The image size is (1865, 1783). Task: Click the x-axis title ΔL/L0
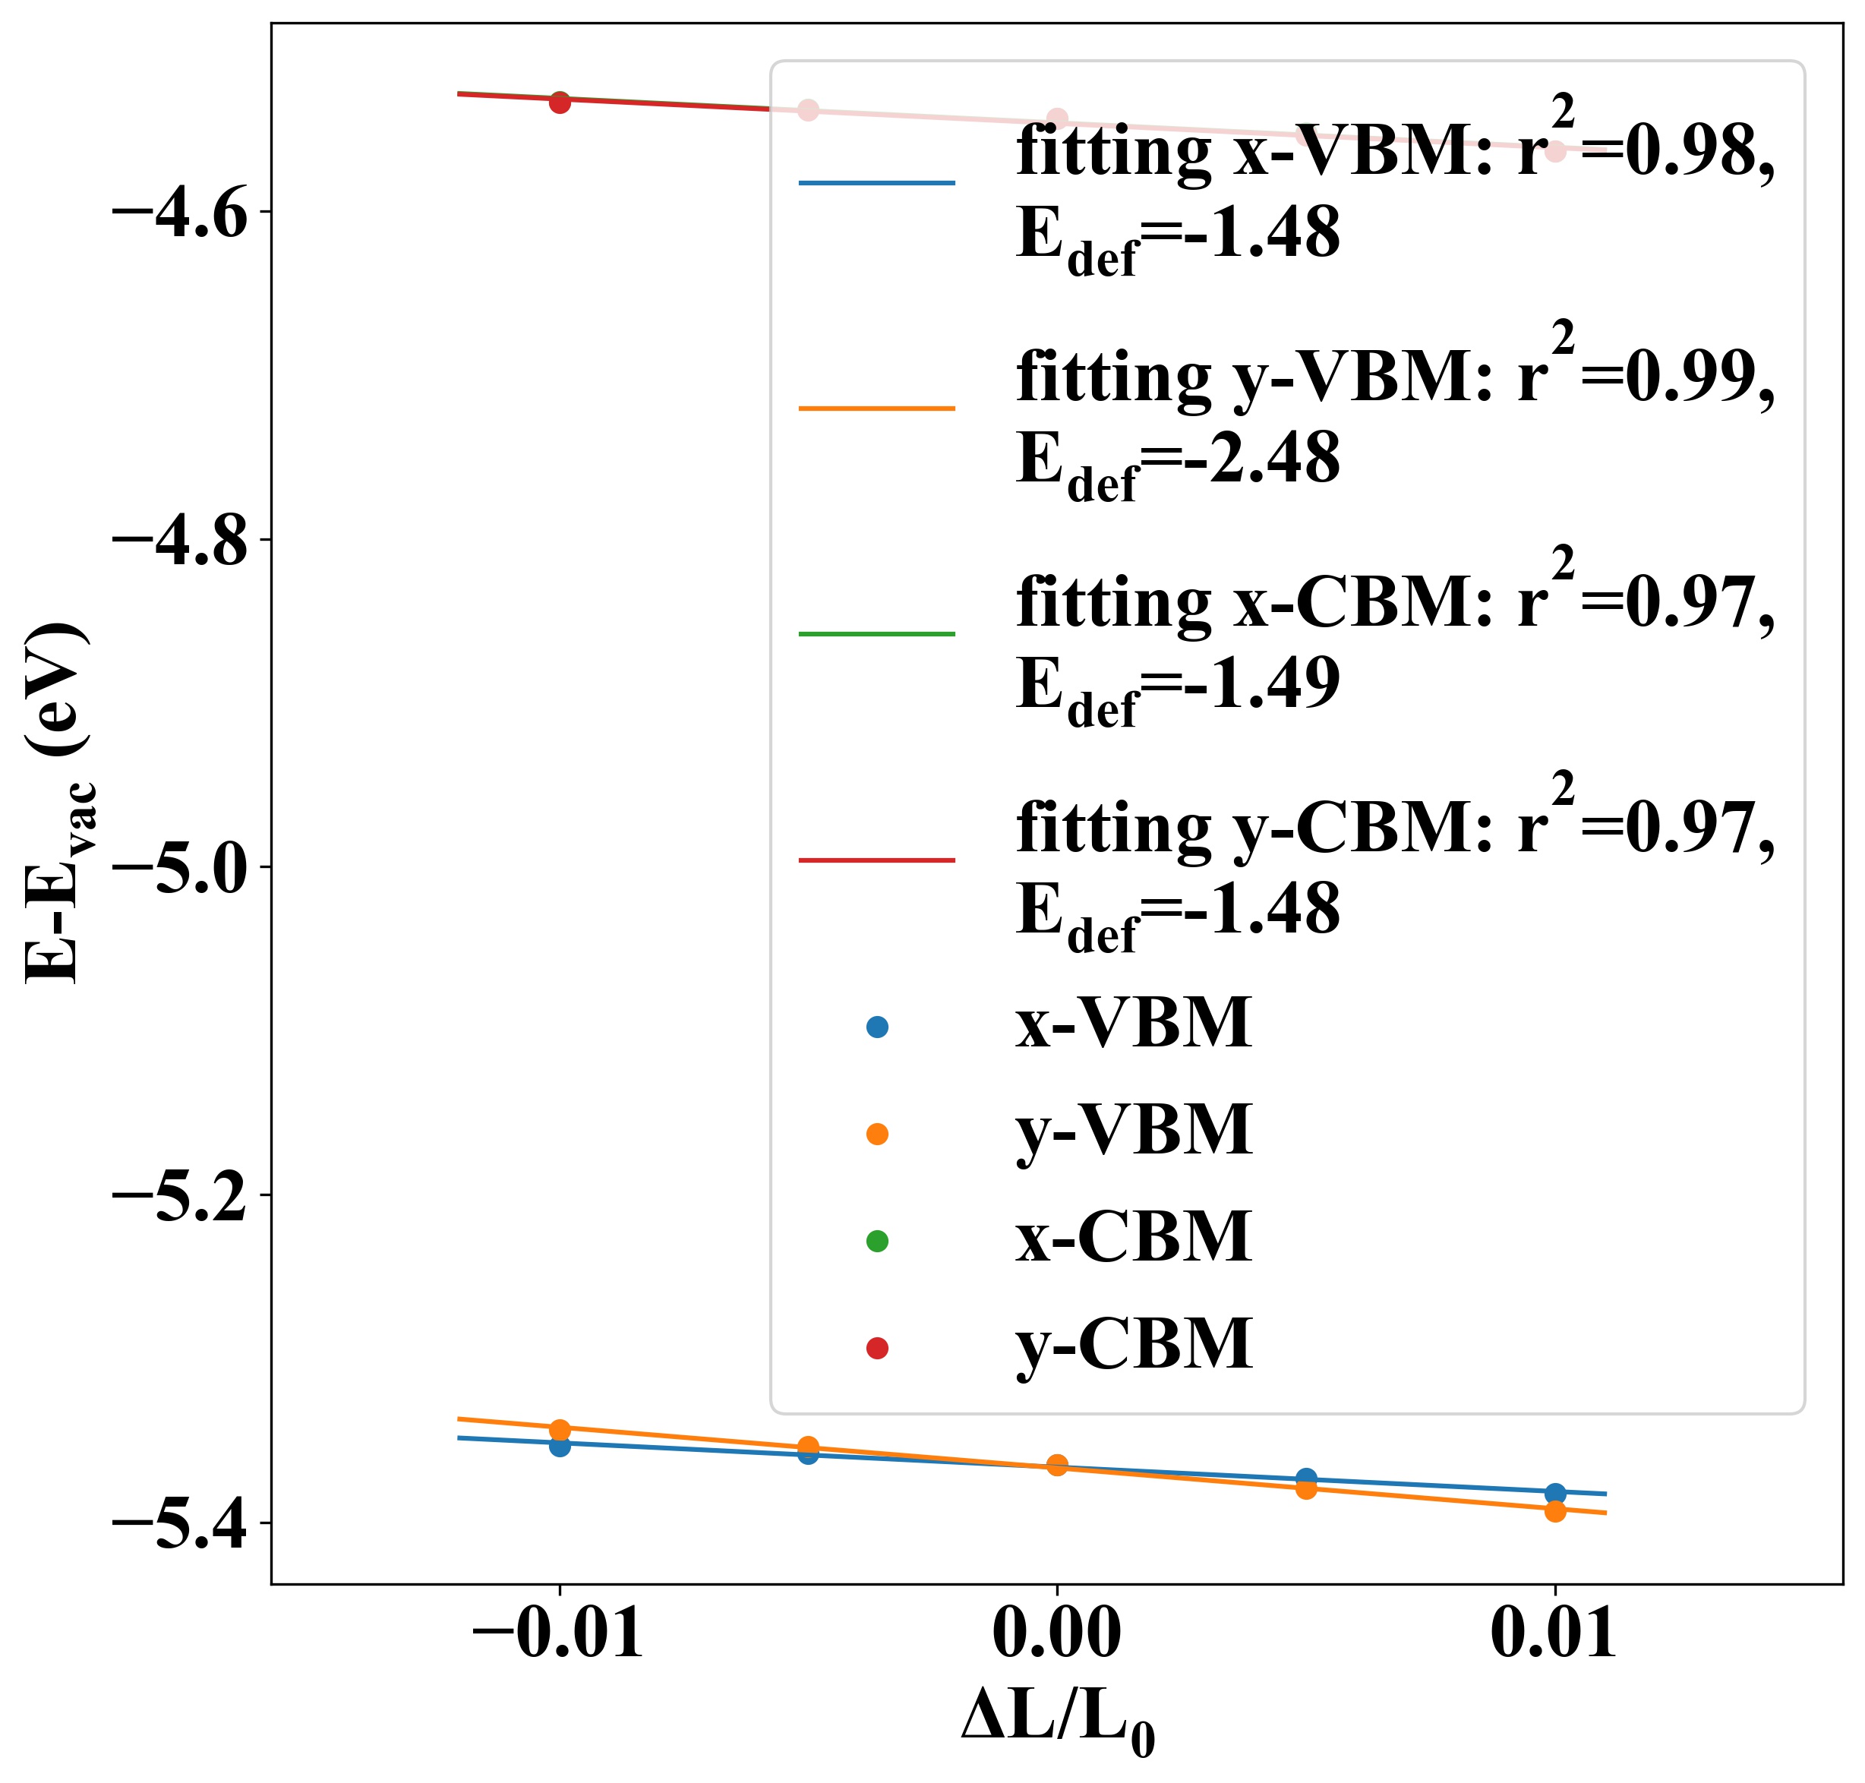pos(1056,1720)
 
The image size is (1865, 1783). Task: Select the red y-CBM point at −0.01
pos(560,103)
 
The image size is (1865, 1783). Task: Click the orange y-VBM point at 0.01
pos(1555,1511)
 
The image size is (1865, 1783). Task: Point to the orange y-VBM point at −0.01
pos(560,1429)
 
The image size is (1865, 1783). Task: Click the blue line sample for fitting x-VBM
pos(876,181)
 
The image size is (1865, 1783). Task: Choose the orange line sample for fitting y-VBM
pos(876,408)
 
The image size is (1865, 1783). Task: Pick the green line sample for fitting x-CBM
pos(876,633)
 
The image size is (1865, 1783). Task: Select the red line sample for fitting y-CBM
pos(876,860)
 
